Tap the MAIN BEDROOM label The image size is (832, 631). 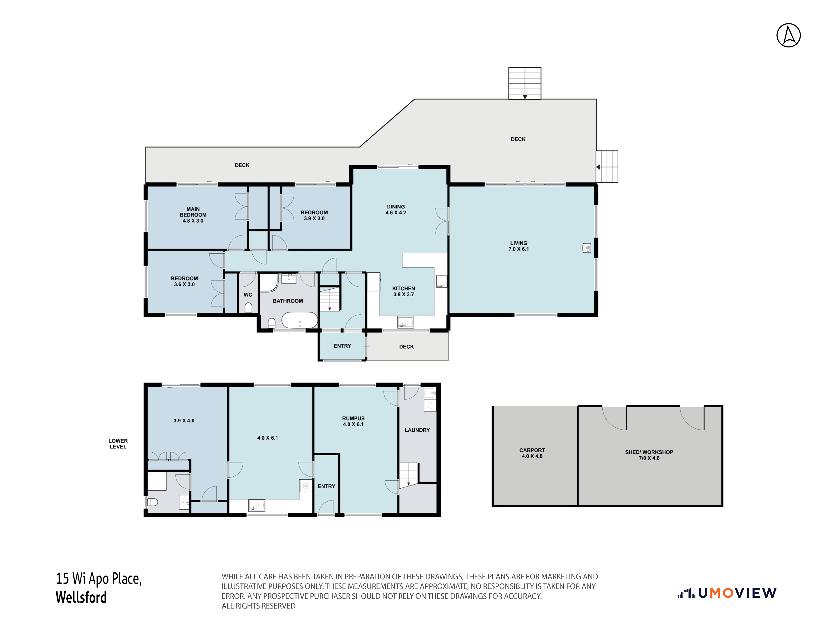pos(193,212)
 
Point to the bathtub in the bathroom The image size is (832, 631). pos(300,320)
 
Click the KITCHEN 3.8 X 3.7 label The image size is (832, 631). pos(404,292)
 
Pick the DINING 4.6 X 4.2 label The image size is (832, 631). pos(396,209)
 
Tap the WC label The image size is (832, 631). pos(248,295)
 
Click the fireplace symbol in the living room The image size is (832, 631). pos(587,248)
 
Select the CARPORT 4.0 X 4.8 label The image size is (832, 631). pos(532,453)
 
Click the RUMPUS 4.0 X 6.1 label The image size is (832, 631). pos(353,421)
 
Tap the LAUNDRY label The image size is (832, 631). pos(417,430)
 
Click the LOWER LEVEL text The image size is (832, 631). pos(118,444)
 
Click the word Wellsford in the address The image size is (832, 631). pos(81,597)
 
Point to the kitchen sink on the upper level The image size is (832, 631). pos(406,322)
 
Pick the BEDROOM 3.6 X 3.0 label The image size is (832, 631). pos(184,281)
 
